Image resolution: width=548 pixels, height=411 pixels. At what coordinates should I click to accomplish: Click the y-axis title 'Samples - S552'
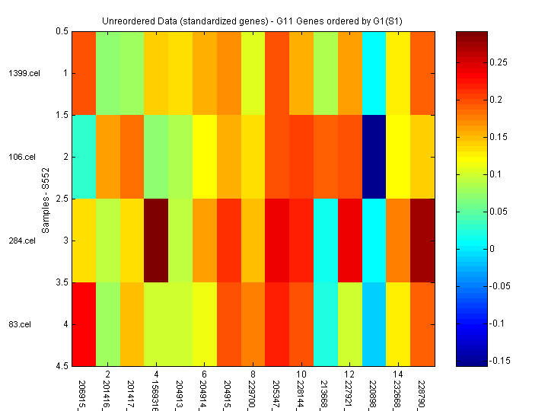click(x=45, y=199)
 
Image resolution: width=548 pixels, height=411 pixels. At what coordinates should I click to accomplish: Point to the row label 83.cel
click(x=22, y=324)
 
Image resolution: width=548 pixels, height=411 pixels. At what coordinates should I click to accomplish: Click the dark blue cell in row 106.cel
click(x=374, y=157)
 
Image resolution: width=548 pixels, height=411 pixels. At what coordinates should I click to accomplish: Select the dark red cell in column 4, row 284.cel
click(x=157, y=241)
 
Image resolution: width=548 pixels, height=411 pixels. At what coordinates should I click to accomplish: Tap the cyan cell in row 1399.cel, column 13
click(x=374, y=73)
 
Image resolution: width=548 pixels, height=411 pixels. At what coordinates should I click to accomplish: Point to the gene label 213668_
click(x=326, y=390)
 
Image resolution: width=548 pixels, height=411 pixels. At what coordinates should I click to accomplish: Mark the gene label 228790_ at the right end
click(x=422, y=390)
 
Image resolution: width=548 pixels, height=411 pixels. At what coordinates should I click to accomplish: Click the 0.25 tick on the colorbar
click(x=499, y=62)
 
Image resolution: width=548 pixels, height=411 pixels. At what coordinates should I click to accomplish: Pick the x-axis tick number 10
click(x=301, y=375)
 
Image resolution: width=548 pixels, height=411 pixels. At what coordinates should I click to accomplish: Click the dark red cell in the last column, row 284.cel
click(x=422, y=241)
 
